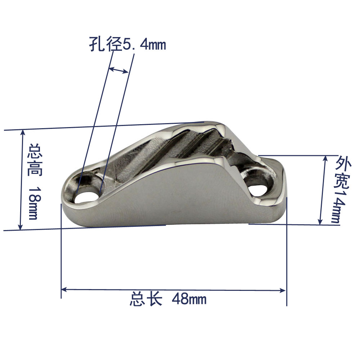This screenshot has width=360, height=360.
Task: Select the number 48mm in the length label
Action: coord(189,299)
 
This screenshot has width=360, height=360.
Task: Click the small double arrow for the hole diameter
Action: coord(118,70)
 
